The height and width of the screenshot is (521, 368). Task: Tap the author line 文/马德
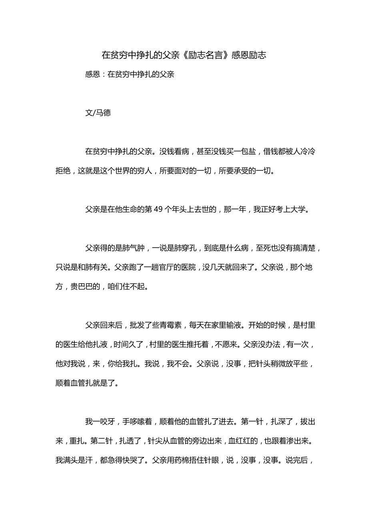[x=98, y=112]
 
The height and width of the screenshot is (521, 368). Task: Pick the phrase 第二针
[x=102, y=441]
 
